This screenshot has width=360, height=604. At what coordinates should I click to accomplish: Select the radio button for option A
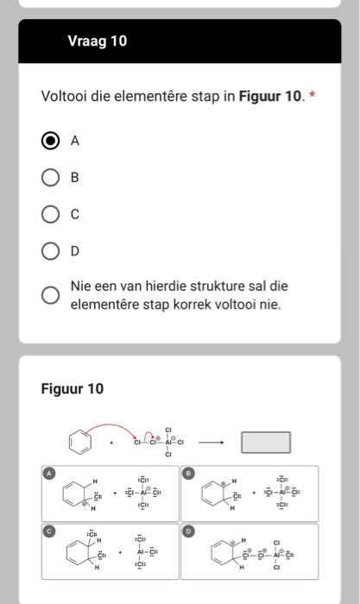[x=51, y=142]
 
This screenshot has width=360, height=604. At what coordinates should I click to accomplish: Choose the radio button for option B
[x=51, y=178]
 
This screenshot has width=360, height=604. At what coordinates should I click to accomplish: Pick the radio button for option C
[x=51, y=214]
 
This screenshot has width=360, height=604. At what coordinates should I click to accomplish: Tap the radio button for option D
[x=51, y=250]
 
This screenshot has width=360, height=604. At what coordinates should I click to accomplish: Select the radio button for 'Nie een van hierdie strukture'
[x=51, y=295]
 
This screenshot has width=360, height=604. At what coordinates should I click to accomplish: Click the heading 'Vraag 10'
[x=97, y=41]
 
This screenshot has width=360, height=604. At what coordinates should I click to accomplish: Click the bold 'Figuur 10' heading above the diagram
[x=73, y=389]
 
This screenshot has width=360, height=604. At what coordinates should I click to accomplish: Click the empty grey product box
[x=265, y=443]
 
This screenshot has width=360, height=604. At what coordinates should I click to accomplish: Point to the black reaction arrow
[x=212, y=444]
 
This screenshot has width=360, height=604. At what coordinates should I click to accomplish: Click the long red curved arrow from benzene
[x=117, y=425]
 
